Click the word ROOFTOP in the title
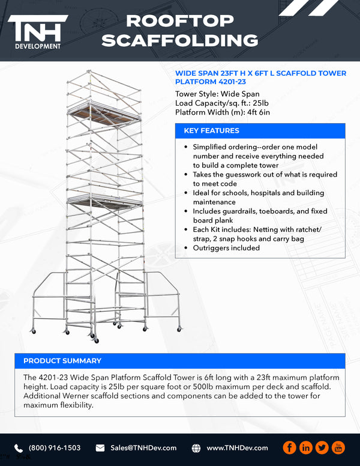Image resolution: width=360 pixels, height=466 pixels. pyautogui.click(x=180, y=21)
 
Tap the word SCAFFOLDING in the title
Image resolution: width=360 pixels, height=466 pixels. pyautogui.click(x=180, y=40)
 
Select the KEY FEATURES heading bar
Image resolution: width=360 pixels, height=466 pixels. pyautogui.click(x=260, y=131)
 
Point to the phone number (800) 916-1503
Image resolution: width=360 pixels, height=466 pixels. pyautogui.click(x=55, y=448)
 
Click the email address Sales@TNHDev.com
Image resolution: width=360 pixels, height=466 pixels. pyautogui.click(x=143, y=448)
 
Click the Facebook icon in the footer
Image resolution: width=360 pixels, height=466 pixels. pyautogui.click(x=290, y=448)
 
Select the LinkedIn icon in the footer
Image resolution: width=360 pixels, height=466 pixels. pyautogui.click(x=306, y=448)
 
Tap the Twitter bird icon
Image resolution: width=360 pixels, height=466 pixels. pyautogui.click(x=322, y=448)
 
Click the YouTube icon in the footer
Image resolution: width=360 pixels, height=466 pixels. pyautogui.click(x=338, y=448)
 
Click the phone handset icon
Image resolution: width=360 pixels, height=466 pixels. pyautogui.click(x=19, y=448)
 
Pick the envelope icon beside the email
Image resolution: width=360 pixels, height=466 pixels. pyautogui.click(x=101, y=448)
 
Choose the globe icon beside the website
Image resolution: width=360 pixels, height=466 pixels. pyautogui.click(x=196, y=448)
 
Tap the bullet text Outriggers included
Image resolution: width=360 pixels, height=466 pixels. pyautogui.click(x=226, y=247)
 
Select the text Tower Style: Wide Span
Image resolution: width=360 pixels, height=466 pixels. pyautogui.click(x=217, y=94)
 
